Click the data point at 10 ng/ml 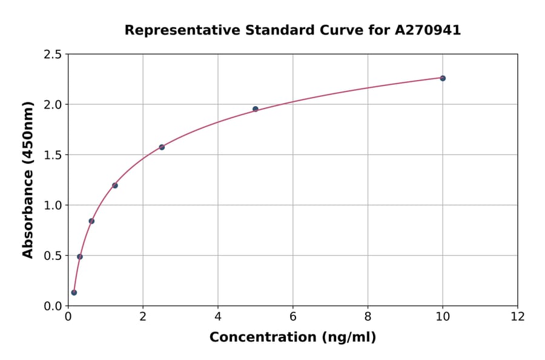tap(443, 78)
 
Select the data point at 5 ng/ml tap(256, 109)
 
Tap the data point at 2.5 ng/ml tap(162, 147)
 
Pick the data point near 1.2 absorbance tap(115, 185)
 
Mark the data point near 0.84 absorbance tap(91, 221)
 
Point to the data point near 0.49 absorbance tap(80, 256)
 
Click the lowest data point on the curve tap(74, 293)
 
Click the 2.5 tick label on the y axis tap(53, 55)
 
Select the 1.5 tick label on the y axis tap(53, 155)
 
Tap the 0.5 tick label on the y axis tap(53, 256)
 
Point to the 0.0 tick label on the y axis tap(53, 306)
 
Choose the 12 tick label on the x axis tap(518, 316)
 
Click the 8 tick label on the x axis tap(368, 316)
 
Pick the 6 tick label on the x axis tap(293, 316)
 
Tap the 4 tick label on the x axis tap(218, 316)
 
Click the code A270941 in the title tap(428, 30)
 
